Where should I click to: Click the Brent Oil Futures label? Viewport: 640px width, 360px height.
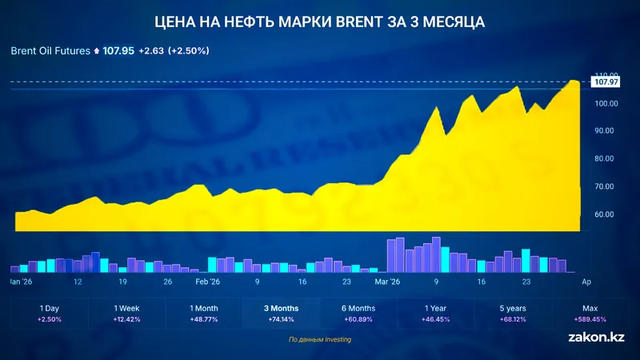[x=50, y=50]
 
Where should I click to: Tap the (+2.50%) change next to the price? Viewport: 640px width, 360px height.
[x=187, y=50]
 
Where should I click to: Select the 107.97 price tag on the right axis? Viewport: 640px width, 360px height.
[x=607, y=82]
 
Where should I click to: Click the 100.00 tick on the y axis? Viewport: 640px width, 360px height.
[x=606, y=103]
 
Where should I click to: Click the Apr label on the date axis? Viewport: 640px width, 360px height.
[x=586, y=282]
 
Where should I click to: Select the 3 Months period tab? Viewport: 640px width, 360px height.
[x=282, y=308]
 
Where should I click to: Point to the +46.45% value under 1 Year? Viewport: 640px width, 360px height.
[x=437, y=318]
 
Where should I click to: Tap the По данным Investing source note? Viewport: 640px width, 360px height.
[x=320, y=340]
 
